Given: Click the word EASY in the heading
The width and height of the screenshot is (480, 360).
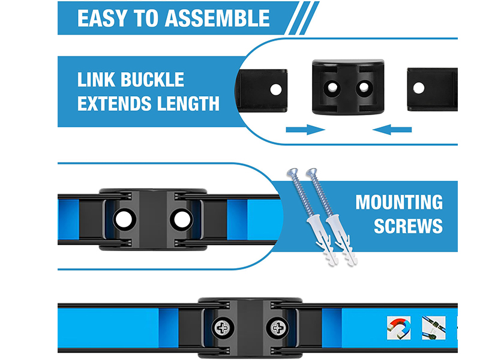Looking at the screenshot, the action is click(x=102, y=19).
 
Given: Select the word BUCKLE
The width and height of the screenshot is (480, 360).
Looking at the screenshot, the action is click(x=152, y=80).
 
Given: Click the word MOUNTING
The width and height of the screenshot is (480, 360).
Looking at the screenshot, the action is click(x=399, y=202).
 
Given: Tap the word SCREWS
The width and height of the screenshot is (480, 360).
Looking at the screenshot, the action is click(x=408, y=226).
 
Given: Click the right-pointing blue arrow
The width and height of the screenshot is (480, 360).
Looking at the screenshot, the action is click(x=305, y=130).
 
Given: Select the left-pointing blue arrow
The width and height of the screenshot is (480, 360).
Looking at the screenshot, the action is click(x=392, y=130).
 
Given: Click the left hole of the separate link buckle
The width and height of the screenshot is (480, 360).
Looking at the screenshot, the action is click(x=332, y=88).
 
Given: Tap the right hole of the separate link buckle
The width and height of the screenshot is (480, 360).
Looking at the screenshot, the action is click(x=364, y=88).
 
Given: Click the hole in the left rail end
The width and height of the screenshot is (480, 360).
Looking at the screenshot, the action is click(x=276, y=89).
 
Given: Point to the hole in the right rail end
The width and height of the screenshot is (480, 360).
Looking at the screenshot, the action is click(x=419, y=88).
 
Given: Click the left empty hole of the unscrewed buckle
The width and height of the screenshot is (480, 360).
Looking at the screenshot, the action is click(x=124, y=220).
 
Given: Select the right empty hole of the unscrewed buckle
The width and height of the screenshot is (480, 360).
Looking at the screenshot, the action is click(x=182, y=220).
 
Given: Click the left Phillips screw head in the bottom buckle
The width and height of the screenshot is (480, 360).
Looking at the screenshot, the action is click(x=223, y=328).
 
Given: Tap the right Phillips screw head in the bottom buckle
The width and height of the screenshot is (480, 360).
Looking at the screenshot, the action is click(x=278, y=328).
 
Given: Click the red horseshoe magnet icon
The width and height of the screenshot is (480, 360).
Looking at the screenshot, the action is click(x=398, y=328).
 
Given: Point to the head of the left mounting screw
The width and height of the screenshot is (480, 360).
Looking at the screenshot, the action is click(x=292, y=172).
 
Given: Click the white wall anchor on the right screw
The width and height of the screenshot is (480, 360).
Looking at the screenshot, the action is click(x=341, y=241).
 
